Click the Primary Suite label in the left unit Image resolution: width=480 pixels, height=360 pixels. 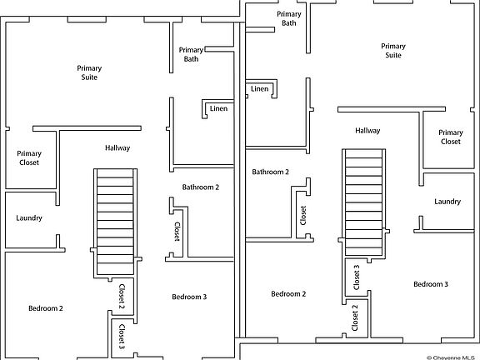click(89, 72)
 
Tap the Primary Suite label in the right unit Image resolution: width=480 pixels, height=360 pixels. click(393, 51)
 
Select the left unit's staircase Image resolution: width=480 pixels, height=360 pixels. click(115, 222)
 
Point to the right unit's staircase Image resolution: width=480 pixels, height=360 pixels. click(363, 202)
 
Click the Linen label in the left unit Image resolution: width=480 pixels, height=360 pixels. click(218, 108)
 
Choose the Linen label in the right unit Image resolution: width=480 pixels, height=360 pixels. click(260, 89)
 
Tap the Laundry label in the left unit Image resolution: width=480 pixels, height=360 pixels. click(29, 218)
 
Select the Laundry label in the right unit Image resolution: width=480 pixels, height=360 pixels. click(447, 202)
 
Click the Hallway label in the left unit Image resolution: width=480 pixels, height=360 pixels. click(117, 148)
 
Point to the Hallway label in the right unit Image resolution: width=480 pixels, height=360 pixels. click(367, 131)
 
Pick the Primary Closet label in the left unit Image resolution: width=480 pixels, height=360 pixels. click(29, 158)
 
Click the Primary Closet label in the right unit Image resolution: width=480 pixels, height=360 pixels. click(451, 137)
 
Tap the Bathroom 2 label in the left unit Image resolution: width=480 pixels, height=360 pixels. click(201, 187)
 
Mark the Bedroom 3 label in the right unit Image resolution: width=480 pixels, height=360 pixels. click(431, 284)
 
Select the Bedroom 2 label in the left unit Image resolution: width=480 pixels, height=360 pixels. click(46, 308)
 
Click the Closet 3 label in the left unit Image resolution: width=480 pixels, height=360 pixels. click(122, 337)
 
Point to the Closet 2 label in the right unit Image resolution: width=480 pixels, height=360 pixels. click(355, 317)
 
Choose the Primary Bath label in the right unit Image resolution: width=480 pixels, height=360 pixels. click(289, 18)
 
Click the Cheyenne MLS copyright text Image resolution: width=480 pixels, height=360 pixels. click(451, 357)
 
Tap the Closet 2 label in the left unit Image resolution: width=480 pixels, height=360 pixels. click(122, 296)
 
